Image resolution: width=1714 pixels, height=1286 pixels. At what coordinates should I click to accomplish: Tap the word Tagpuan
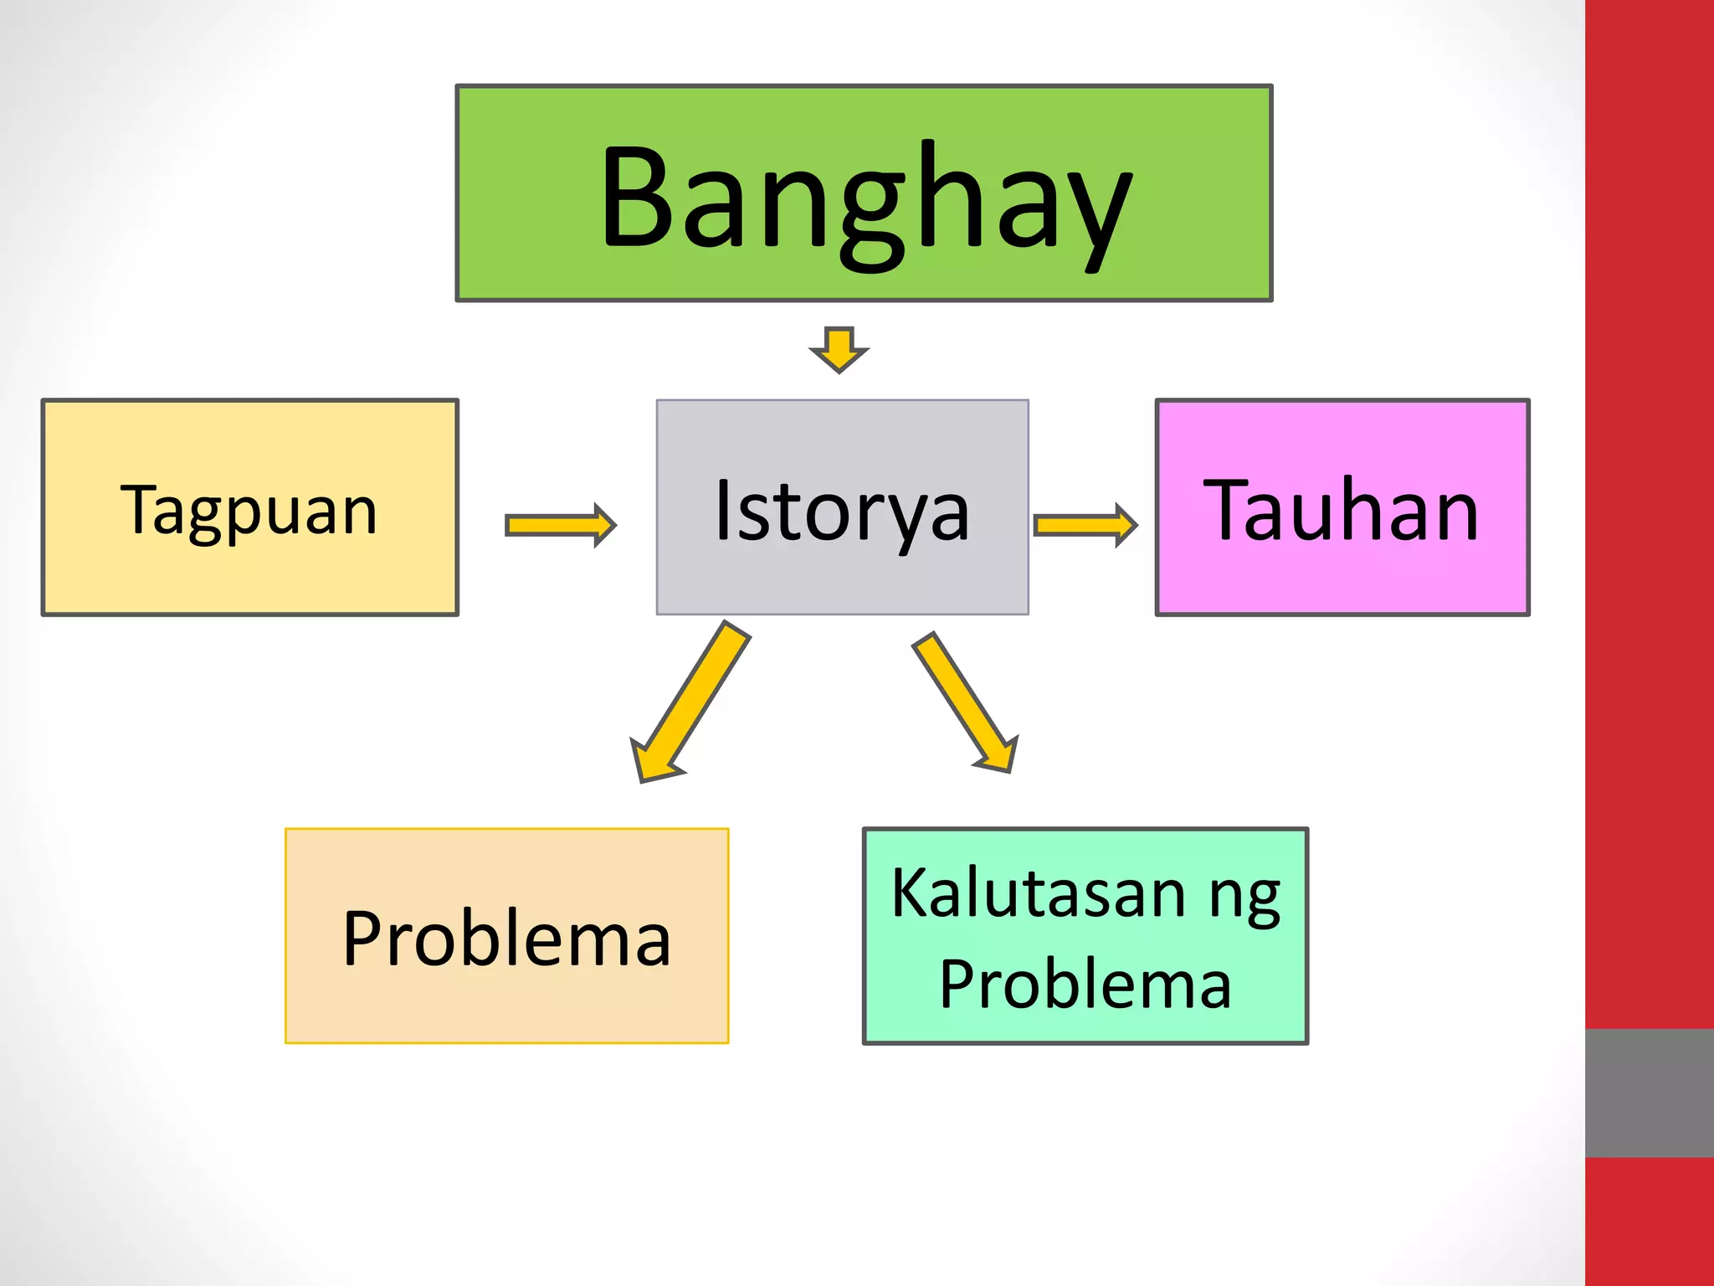pos(249,510)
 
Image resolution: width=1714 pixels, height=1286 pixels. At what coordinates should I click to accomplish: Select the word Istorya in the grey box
pos(842,511)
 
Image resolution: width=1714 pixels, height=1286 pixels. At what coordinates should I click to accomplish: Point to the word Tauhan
pos(1341,510)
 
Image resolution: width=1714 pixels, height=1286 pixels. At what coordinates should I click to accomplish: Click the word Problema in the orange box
pos(506,939)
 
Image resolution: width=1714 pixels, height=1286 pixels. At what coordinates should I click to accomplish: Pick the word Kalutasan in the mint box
pos(1037,893)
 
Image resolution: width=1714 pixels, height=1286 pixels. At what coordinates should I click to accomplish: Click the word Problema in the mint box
pos(1085,984)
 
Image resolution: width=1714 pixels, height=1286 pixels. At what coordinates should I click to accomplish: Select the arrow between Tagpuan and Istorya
pos(560,525)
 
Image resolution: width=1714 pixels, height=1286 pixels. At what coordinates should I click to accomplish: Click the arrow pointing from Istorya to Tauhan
pos(1085,525)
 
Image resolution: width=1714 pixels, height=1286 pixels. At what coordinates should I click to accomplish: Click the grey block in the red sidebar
pos(1649,1093)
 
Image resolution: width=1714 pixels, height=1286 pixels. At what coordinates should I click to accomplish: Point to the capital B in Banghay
pos(640,198)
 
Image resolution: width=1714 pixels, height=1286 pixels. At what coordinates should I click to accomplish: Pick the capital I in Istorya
pos(724,510)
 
